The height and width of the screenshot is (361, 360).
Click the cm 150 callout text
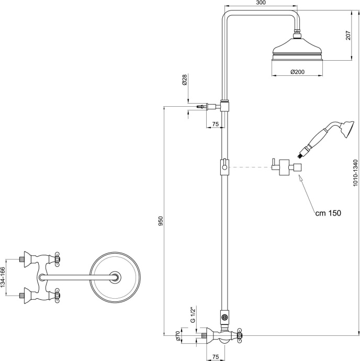pos(328,213)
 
